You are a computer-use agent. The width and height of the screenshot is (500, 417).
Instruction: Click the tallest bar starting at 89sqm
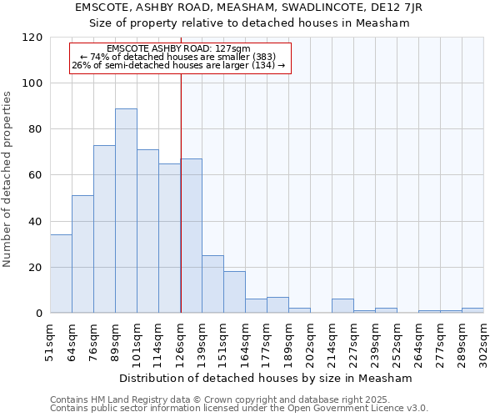126,211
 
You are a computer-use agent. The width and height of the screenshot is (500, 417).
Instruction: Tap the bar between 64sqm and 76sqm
82,254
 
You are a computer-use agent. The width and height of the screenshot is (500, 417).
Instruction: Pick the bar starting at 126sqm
192,236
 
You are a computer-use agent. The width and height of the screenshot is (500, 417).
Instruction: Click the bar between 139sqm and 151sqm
212,284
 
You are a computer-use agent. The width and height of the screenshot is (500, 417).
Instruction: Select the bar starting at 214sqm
342,306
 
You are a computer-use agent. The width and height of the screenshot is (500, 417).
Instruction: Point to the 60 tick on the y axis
37,175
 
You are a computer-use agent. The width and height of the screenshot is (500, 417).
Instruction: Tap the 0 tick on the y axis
40,314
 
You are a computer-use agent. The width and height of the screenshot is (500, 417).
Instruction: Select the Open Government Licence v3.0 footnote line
239,408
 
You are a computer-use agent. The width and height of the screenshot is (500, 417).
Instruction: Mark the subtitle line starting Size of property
249,23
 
